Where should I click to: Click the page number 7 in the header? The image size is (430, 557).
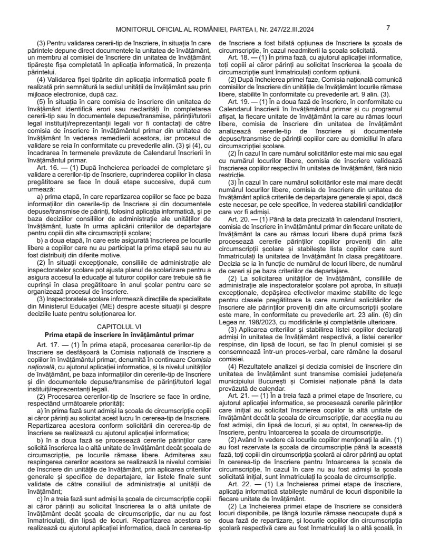[x=388, y=27]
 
